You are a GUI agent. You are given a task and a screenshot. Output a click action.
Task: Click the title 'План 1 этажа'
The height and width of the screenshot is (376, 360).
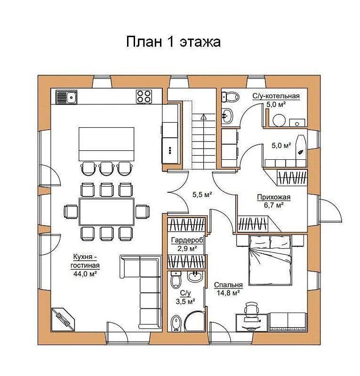tap(173, 42)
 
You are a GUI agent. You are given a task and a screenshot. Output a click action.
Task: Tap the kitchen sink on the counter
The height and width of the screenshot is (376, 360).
tap(66, 97)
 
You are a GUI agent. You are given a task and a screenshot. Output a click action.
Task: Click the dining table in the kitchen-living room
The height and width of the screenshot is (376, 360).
tap(107, 212)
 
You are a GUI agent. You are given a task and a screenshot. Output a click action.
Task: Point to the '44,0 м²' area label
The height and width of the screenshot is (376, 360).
tap(85, 274)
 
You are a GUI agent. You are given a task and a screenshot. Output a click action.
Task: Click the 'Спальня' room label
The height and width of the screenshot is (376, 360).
tap(228, 285)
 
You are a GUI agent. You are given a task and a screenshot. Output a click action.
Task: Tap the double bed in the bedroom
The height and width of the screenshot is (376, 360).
tap(271, 260)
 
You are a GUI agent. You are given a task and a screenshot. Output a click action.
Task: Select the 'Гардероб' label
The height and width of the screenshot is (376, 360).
tap(187, 240)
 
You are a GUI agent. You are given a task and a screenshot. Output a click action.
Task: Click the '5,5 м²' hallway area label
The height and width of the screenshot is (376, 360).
tap(202, 195)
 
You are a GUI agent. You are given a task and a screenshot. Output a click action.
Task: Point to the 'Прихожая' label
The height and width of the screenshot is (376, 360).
tap(274, 197)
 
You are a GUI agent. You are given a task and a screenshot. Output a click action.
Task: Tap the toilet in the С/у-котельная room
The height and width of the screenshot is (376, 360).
tap(230, 96)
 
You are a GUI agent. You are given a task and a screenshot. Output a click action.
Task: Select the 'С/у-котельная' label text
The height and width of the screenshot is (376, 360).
tap(276, 96)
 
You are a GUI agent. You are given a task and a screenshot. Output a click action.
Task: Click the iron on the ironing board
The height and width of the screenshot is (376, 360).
tap(300, 152)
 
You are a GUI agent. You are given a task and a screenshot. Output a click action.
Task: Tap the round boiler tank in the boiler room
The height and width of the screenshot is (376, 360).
tap(279, 120)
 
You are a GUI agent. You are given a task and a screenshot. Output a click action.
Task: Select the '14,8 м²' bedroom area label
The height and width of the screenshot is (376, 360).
tap(228, 293)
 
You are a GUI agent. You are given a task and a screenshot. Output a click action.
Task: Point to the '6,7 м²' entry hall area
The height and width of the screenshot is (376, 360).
tap(274, 205)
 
